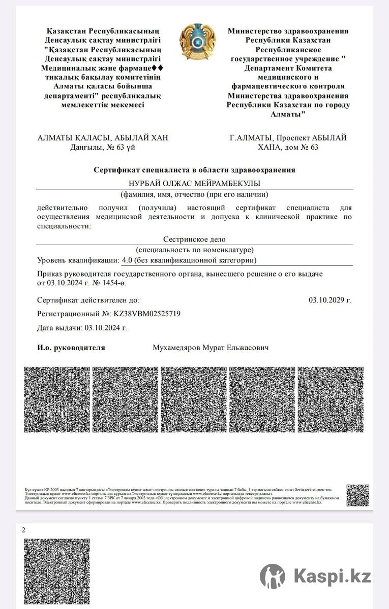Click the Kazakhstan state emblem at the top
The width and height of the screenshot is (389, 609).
[197, 41]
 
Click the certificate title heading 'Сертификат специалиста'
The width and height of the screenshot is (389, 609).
[194, 170]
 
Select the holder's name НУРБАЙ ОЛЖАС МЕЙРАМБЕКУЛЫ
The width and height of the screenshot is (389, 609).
[194, 183]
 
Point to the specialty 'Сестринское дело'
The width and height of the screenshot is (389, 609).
[194, 239]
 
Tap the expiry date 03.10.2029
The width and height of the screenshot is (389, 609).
[330, 300]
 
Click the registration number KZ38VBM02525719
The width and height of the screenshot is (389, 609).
[147, 314]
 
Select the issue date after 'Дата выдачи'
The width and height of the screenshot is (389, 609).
[106, 328]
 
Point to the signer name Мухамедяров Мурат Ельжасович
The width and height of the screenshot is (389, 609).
[211, 348]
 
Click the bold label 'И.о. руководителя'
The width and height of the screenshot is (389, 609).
[71, 348]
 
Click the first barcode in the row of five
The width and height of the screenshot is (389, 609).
[57, 399]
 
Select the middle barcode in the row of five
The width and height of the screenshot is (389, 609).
[194, 399]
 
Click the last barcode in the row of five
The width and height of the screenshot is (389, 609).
[331, 399]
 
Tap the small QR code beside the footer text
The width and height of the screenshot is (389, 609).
[358, 495]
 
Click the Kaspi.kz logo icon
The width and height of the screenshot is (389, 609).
[273, 576]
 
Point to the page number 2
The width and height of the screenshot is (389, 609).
[23, 530]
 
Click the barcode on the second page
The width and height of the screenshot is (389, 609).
[57, 572]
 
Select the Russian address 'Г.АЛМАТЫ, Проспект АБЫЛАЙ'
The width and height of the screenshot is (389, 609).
[288, 138]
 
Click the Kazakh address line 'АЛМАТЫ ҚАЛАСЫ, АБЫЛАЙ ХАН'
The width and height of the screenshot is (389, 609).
[103, 138]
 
